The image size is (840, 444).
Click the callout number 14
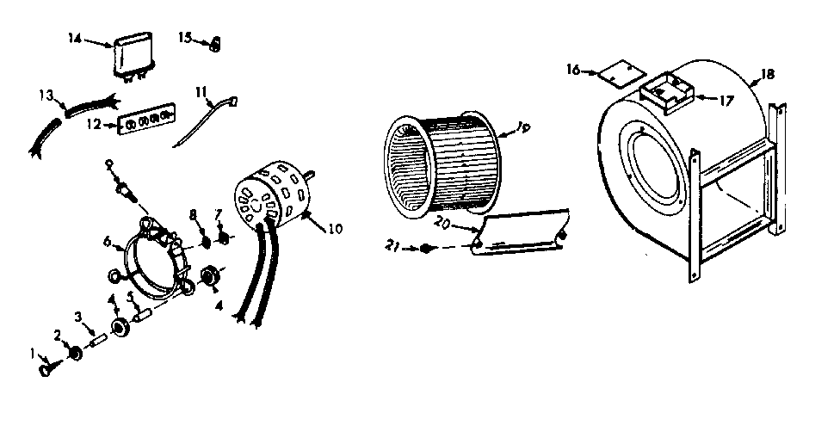(x=73, y=38)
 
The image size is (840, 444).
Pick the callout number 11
(x=201, y=89)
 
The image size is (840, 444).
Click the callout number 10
(x=336, y=229)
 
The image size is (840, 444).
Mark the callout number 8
(x=194, y=213)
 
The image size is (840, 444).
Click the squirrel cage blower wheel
(x=443, y=163)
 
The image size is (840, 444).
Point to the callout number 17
(x=726, y=100)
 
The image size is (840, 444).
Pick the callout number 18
(x=768, y=74)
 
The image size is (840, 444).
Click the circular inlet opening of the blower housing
(x=658, y=185)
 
